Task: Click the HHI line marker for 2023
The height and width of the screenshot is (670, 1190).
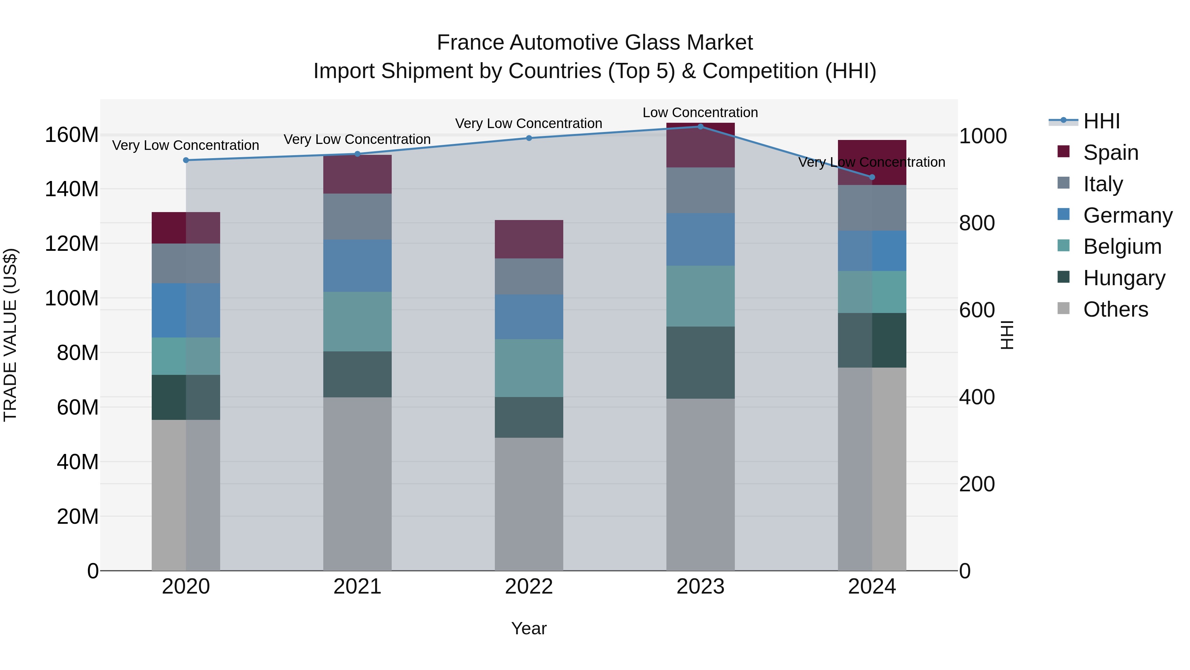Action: (x=700, y=127)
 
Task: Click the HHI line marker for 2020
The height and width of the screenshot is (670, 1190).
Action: (x=186, y=160)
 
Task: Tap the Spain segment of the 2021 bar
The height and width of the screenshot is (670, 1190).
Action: (x=357, y=174)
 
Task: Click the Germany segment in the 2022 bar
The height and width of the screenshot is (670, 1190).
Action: (x=529, y=317)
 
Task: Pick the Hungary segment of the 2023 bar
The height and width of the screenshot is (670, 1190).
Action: (x=700, y=363)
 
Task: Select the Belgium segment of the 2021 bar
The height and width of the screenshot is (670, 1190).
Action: (x=357, y=321)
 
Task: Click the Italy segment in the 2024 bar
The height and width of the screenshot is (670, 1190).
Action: (x=872, y=208)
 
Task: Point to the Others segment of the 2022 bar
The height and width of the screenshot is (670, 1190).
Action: (x=529, y=504)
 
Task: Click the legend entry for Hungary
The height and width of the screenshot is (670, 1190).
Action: (x=1124, y=278)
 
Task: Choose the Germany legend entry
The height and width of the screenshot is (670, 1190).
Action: (x=1127, y=215)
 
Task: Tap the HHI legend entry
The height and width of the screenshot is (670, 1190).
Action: (x=1101, y=121)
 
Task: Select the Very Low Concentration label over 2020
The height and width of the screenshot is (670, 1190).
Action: (x=186, y=146)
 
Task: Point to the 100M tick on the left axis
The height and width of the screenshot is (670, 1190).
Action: (x=72, y=298)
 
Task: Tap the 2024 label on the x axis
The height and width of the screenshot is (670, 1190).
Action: (x=872, y=587)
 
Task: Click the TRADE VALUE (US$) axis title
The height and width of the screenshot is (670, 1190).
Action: (x=11, y=335)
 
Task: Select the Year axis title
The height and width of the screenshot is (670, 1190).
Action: (x=529, y=628)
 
